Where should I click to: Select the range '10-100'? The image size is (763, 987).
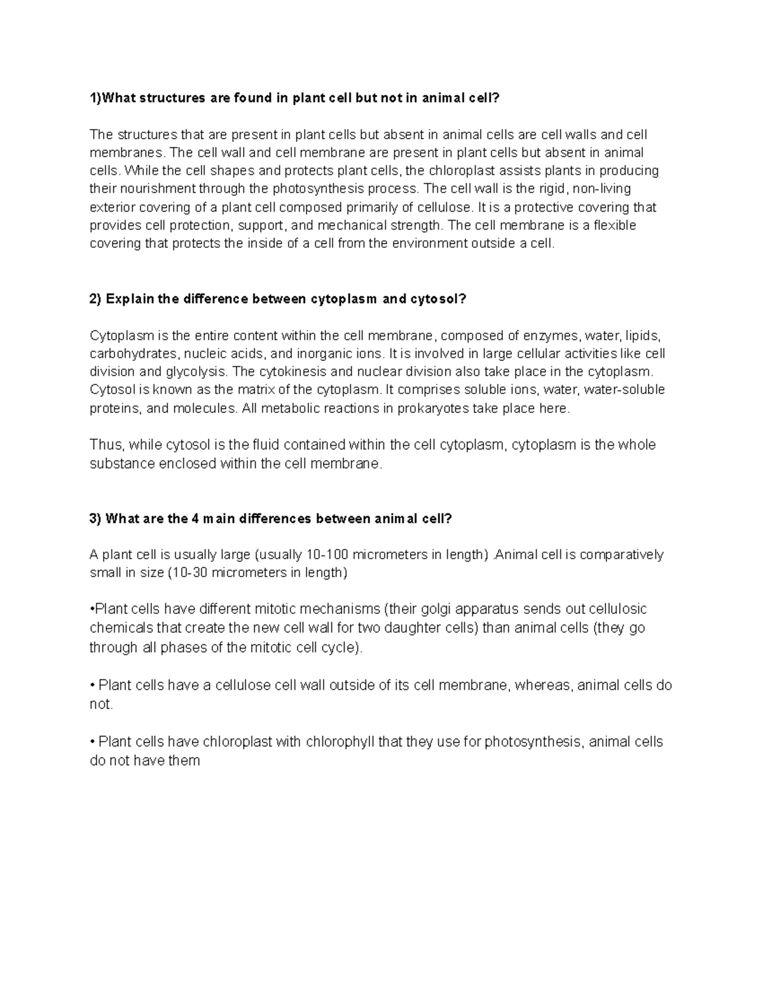tap(327, 555)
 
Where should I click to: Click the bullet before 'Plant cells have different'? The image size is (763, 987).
tap(92, 609)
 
